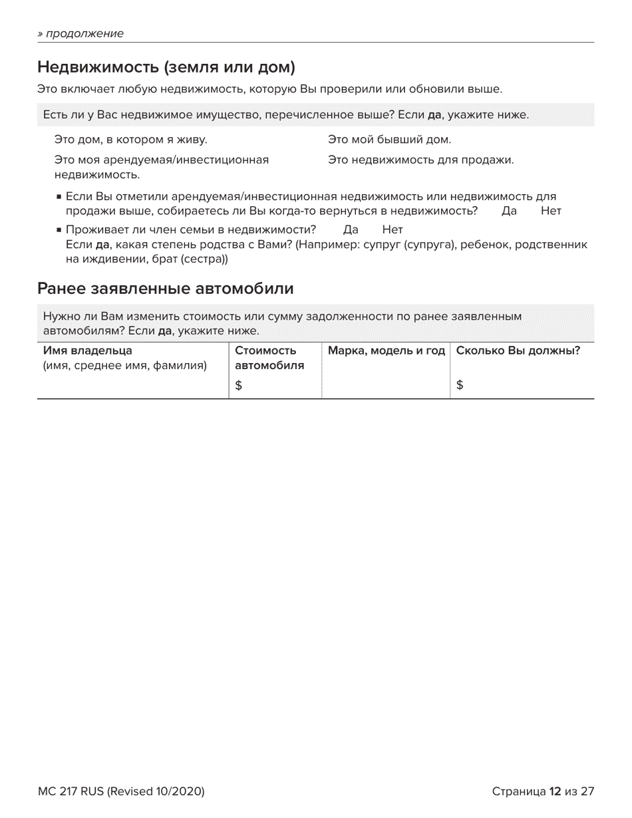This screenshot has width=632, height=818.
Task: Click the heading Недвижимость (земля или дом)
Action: pos(166,67)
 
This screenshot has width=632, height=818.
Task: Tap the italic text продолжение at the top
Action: pos(84,33)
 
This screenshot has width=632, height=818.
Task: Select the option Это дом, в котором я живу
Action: pos(130,140)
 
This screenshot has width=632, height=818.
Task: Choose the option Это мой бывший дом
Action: pos(389,140)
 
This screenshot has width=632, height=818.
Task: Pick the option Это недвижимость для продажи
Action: pos(420,160)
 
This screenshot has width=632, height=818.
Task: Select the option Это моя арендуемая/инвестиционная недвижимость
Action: pos(161,167)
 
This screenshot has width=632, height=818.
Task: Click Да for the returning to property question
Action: pos(509,211)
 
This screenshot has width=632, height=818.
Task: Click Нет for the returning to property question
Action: pos(551,211)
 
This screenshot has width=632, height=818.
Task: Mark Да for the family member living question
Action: pos(351,230)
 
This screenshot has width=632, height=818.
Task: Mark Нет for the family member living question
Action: pos(393,230)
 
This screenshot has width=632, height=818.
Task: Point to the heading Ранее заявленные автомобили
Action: pos(165,289)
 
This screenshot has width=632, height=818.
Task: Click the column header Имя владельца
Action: pos(88,350)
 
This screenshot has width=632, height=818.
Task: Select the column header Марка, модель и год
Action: pos(386,350)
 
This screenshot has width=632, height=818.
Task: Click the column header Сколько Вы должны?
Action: pos(518,350)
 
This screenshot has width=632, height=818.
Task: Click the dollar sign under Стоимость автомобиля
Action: pos(239,384)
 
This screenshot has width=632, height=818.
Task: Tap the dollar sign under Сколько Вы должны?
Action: pos(460,384)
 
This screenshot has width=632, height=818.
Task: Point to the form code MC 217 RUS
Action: pos(71,791)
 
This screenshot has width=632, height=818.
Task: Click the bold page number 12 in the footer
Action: pos(555,791)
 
